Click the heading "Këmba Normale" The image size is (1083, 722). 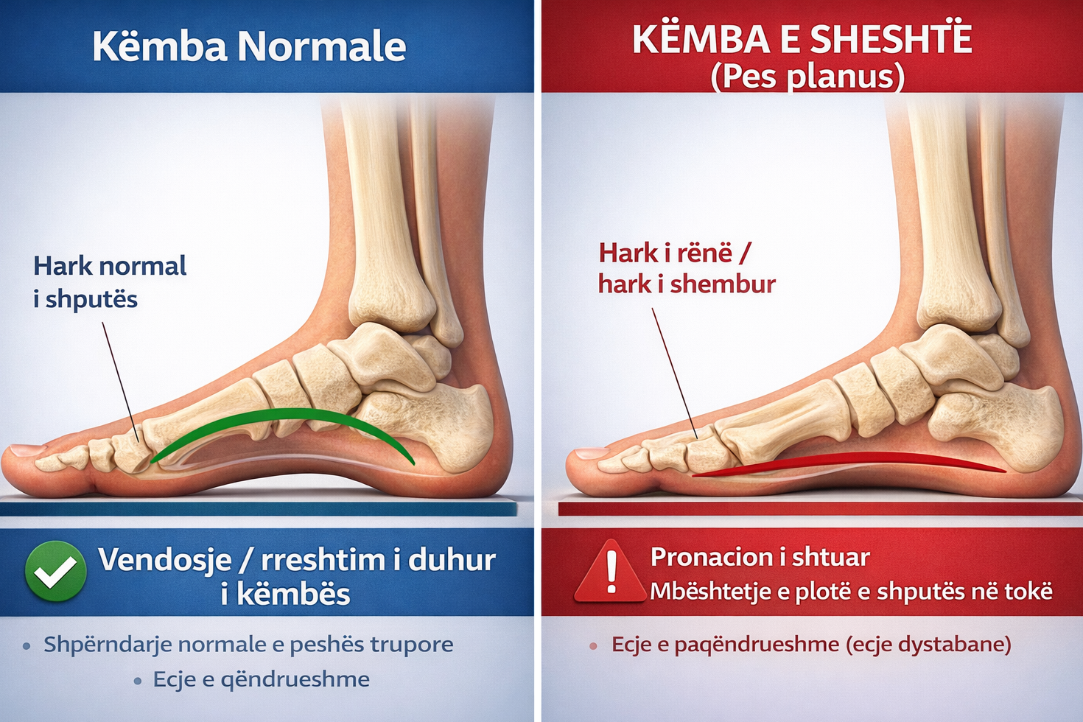pyautogui.click(x=249, y=46)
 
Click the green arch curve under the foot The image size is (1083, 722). pyautogui.click(x=282, y=426)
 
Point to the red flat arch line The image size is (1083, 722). pyautogui.click(x=849, y=463)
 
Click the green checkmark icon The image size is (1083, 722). pyautogui.click(x=56, y=571)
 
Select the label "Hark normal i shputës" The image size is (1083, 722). pyautogui.click(x=110, y=282)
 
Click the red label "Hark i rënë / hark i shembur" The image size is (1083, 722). pyautogui.click(x=687, y=268)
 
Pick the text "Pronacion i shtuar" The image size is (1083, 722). pyautogui.click(x=760, y=557)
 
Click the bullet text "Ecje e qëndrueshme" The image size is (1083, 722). pyautogui.click(x=261, y=679)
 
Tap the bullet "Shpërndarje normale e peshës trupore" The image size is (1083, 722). pyautogui.click(x=248, y=644)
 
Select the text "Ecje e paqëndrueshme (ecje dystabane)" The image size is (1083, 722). pyautogui.click(x=811, y=645)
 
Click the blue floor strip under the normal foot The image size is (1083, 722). pyautogui.click(x=258, y=509)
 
